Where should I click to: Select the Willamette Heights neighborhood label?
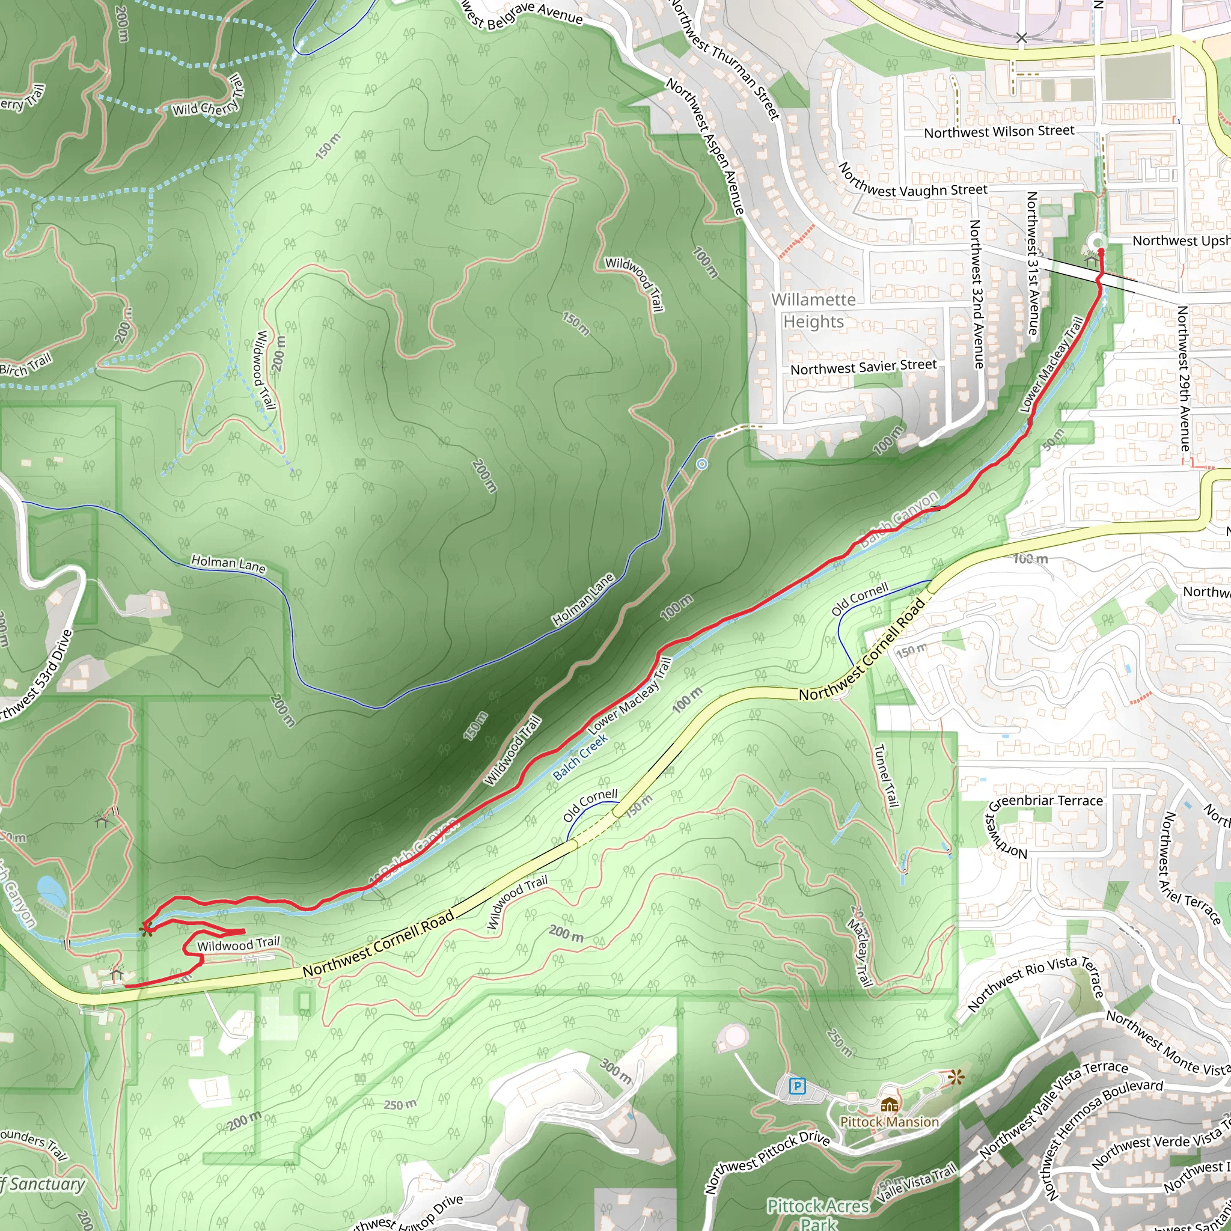click(x=814, y=310)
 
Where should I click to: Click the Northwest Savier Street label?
click(x=863, y=367)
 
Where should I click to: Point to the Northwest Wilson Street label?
click(x=999, y=132)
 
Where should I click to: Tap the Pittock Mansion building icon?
click(x=890, y=1104)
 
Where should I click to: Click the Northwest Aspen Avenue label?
click(x=706, y=146)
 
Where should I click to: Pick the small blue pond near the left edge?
click(x=52, y=891)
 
